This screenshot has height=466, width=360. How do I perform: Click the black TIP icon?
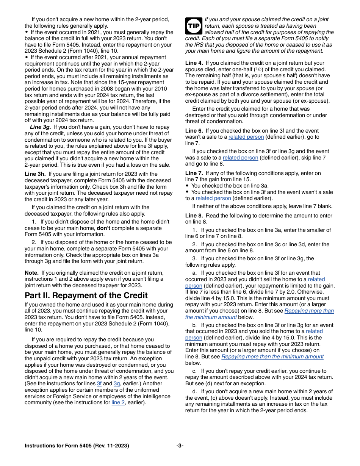tap(193, 26)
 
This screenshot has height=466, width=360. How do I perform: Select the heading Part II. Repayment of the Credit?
tap(86, 296)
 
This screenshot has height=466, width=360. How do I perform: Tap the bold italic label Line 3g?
tap(41, 127)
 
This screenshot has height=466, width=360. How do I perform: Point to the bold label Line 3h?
tap(35, 174)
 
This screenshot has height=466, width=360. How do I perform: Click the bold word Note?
tap(31, 273)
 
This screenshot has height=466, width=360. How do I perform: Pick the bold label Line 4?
tap(194, 63)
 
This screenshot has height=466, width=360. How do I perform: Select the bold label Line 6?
tap(194, 131)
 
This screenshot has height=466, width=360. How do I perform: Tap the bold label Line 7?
tap(194, 173)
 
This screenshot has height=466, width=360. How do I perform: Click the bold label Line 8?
tap(194, 216)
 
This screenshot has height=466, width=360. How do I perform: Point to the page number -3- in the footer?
tap(180, 446)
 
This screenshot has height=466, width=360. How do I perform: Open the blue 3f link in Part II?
tap(99, 383)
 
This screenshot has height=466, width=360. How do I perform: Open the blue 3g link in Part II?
tap(117, 383)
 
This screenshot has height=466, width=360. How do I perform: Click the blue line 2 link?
tap(119, 402)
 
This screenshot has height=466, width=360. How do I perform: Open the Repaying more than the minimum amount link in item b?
tap(272, 357)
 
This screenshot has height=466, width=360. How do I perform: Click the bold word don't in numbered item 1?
tap(104, 228)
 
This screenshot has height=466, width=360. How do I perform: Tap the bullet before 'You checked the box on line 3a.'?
tap(187, 186)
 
